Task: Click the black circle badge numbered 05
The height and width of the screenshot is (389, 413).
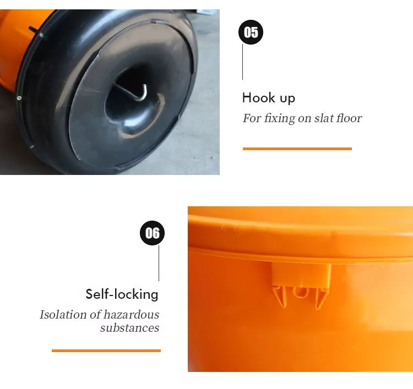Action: [x=251, y=32]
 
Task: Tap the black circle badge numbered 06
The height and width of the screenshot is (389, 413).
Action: [x=152, y=233]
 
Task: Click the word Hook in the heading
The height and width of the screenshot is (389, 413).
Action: [x=259, y=97]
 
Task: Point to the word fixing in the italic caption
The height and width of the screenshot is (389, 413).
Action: [x=280, y=118]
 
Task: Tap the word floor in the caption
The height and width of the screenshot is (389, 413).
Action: [x=349, y=118]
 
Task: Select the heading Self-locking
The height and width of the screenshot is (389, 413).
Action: [x=122, y=294]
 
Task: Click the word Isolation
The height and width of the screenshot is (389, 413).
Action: [x=63, y=315]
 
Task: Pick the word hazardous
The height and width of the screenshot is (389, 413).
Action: [x=132, y=315]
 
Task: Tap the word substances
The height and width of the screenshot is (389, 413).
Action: [x=129, y=328]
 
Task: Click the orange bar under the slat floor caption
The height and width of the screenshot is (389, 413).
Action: [x=297, y=149]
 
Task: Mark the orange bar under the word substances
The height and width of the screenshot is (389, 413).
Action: [x=106, y=350]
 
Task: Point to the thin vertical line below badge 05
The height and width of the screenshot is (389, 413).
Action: [x=242, y=62]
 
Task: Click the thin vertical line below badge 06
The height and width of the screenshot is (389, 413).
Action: [x=159, y=263]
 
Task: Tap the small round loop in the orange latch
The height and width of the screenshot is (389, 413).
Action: [x=300, y=292]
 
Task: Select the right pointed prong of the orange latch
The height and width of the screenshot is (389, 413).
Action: [x=322, y=298]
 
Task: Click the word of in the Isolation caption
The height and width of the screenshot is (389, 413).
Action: [x=95, y=315]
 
